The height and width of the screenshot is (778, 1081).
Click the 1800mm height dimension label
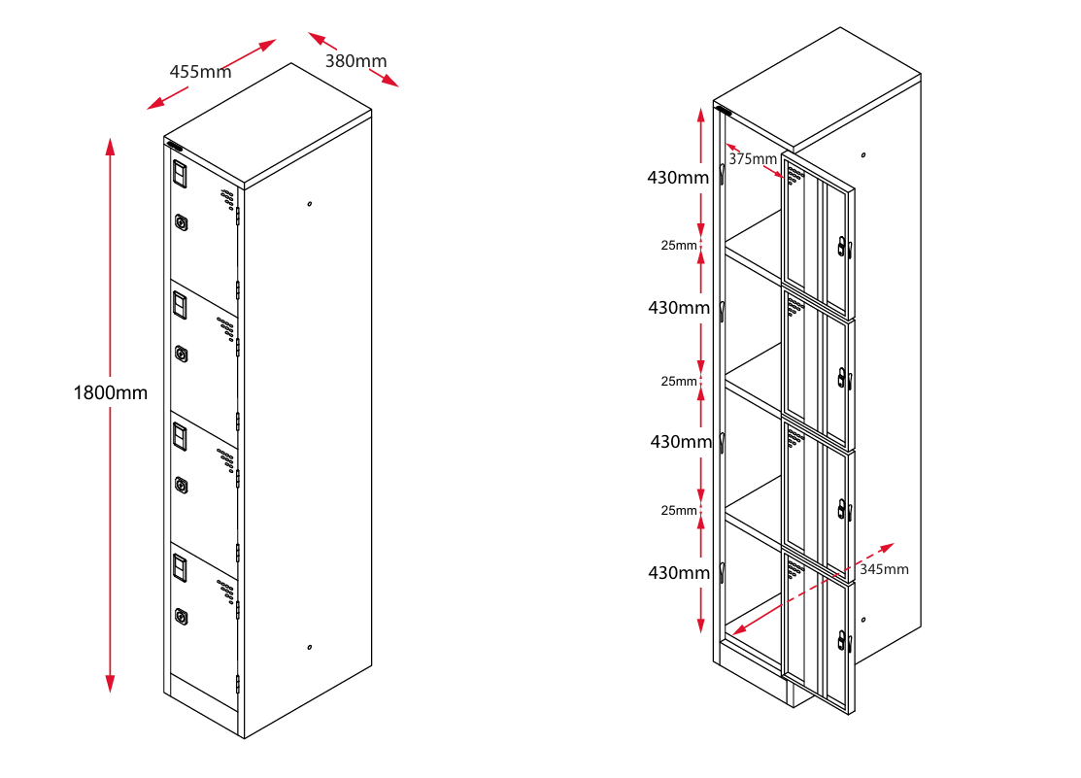coord(111,393)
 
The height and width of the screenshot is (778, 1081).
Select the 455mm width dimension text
coord(200,72)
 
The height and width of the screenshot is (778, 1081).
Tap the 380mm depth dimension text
coord(355,61)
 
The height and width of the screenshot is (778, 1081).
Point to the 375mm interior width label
coord(753,159)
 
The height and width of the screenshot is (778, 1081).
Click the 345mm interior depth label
coord(884,569)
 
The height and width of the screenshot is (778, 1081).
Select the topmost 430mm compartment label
coord(679,178)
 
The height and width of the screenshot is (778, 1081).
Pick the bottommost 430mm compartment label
coord(679,573)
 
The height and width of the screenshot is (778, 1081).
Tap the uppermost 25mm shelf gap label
coord(679,246)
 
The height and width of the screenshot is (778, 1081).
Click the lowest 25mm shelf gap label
coord(679,511)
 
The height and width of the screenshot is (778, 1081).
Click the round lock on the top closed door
coord(182,222)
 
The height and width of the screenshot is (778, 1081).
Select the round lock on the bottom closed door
coord(182,616)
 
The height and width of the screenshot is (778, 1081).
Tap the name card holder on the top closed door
coord(180,175)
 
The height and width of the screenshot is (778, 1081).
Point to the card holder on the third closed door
coord(180,439)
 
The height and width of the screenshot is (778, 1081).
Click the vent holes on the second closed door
coord(226,328)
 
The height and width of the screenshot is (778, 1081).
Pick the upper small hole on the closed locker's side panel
coord(309,204)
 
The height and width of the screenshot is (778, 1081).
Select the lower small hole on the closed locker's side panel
coord(309,647)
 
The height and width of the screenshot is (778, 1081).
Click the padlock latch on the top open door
coord(842,247)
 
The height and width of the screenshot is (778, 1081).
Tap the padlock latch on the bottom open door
coord(842,639)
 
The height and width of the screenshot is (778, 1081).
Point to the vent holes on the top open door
coord(795,175)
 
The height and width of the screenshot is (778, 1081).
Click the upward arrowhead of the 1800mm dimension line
coord(110,146)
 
